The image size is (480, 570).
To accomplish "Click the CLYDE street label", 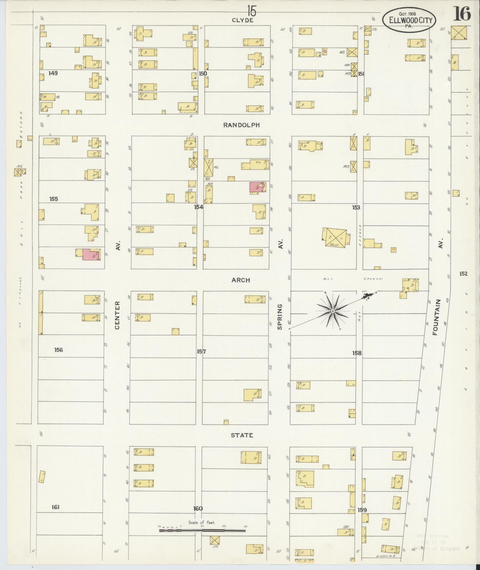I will point(243,20).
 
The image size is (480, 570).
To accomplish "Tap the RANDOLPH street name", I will point(241,125).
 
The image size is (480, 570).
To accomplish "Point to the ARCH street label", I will point(241,280).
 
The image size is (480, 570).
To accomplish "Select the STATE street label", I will point(242,435).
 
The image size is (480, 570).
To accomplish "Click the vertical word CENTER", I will point(117,315).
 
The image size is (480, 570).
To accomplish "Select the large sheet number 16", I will point(462,14).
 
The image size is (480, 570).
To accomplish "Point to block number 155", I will point(54,199).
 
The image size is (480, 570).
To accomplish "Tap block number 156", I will point(58,350).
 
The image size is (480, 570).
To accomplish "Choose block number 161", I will point(55,507).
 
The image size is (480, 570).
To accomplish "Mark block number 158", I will point(357,353).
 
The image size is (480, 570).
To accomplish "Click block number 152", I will point(463,274).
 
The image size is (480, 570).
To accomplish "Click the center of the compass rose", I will point(333,311).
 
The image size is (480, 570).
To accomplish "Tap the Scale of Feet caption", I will point(201,523).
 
